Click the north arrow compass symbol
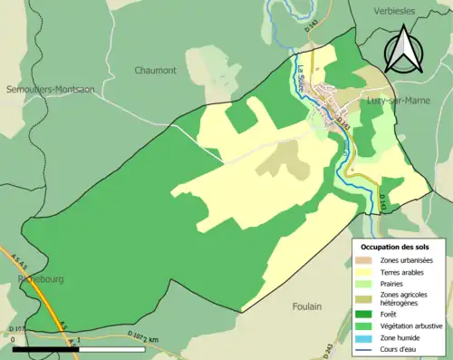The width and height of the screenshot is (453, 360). coord(404,51)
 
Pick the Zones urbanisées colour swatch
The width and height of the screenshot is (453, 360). coord(367,260)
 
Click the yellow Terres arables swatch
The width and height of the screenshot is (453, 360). coord(367,272)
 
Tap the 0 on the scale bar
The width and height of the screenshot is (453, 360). coord(14,339)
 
